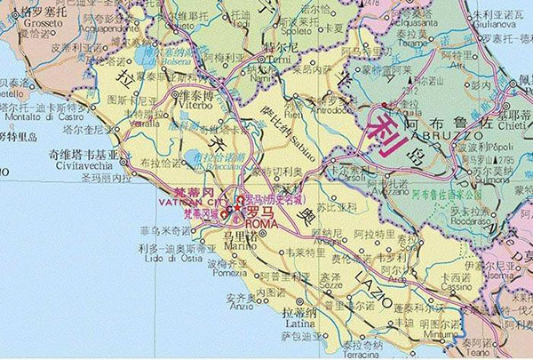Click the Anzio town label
[235, 308]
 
